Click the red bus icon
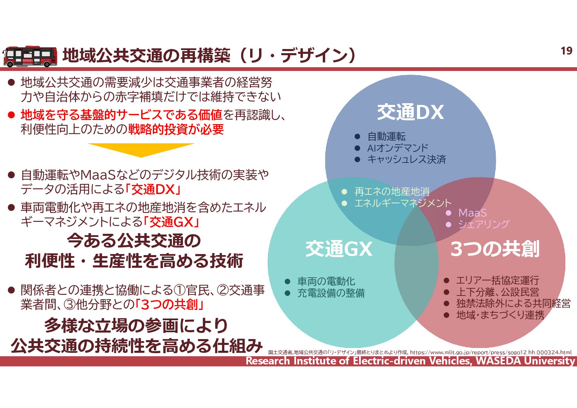pyautogui.click(x=30, y=57)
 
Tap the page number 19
pyautogui.click(x=566, y=51)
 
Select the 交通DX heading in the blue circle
pyautogui.click(x=410, y=112)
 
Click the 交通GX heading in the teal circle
pyautogui.click(x=339, y=249)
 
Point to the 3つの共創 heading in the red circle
pyautogui.click(x=494, y=249)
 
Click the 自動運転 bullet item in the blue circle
pyautogui.click(x=386, y=136)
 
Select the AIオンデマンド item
pyautogui.click(x=397, y=148)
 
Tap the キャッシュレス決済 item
pyautogui.click(x=406, y=159)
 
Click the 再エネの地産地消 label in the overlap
pyautogui.click(x=392, y=191)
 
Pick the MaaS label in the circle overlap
pyautogui.click(x=472, y=213)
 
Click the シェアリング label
pyautogui.click(x=483, y=224)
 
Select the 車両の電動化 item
pyautogui.click(x=326, y=281)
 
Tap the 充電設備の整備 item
pyautogui.click(x=331, y=293)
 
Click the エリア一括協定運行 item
pyautogui.click(x=498, y=280)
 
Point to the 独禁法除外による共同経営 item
pyautogui.click(x=513, y=303)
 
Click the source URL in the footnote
pyautogui.click(x=491, y=352)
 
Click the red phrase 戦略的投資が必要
pyautogui.click(x=176, y=129)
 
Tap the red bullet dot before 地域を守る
pyautogui.click(x=12, y=115)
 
